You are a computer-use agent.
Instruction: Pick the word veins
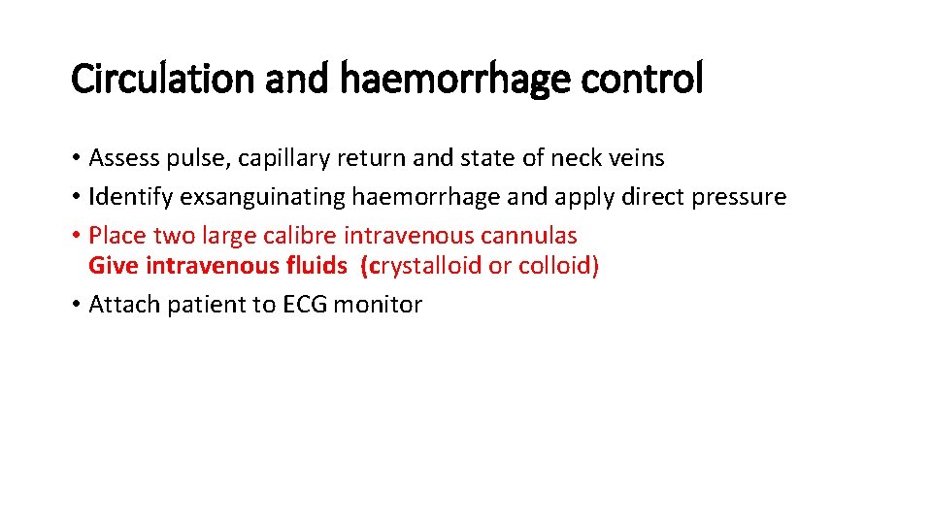coord(635,157)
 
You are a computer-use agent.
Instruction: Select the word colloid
coord(554,266)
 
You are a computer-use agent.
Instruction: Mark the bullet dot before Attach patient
coord(76,306)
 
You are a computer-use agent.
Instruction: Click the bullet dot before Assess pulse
coord(76,158)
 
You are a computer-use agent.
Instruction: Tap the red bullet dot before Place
coord(76,236)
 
